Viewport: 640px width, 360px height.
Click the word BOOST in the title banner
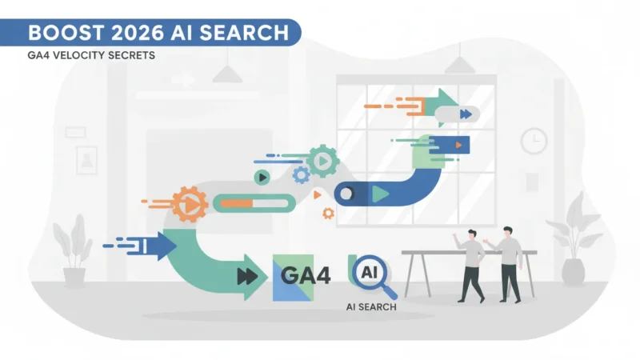click(x=66, y=33)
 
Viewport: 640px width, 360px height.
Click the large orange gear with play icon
click(x=190, y=204)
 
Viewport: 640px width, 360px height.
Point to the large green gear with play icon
click(x=322, y=162)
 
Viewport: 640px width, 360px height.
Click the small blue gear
click(x=302, y=175)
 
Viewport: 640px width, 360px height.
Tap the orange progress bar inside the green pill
click(x=237, y=203)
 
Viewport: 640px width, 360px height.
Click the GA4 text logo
click(x=306, y=275)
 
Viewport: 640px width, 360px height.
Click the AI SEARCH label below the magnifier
click(x=371, y=307)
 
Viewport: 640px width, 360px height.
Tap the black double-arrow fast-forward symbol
click(x=247, y=277)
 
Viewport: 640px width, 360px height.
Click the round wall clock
click(x=534, y=141)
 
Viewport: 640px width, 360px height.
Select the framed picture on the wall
click(x=86, y=161)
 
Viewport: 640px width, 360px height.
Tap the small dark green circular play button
click(x=262, y=178)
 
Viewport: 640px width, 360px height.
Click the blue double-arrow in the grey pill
click(x=466, y=114)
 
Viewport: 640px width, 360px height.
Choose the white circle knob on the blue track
click(x=346, y=194)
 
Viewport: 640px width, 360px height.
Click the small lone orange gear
click(x=328, y=213)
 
